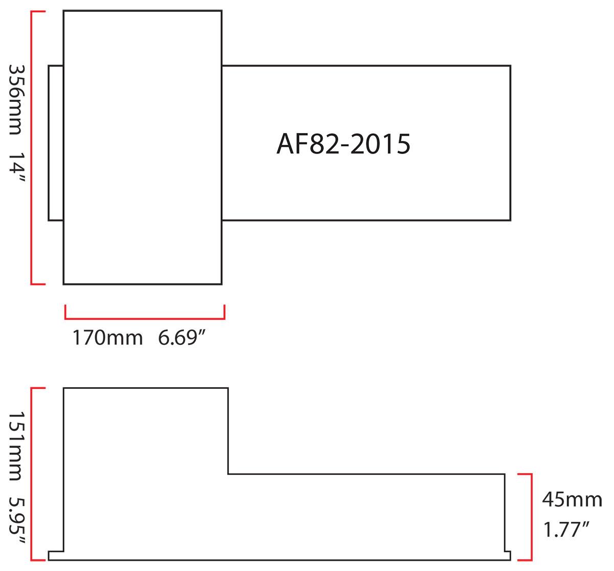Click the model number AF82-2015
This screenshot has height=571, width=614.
coord(343,144)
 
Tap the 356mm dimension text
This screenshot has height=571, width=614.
coord(15,101)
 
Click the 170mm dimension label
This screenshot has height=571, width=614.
coord(107,338)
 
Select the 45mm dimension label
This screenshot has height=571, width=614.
coord(572,499)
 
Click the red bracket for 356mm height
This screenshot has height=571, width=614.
coord(32,147)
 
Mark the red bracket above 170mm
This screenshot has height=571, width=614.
coord(145,318)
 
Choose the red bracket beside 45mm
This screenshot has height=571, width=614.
coord(527,517)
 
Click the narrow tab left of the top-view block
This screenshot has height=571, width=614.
coord(56,143)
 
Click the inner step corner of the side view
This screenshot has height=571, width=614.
coord(228,474)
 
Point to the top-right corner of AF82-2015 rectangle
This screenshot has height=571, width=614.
coord(510,66)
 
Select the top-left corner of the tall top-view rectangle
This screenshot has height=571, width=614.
coord(63,10)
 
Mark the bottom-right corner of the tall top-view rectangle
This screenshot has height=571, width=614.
coord(222,283)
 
